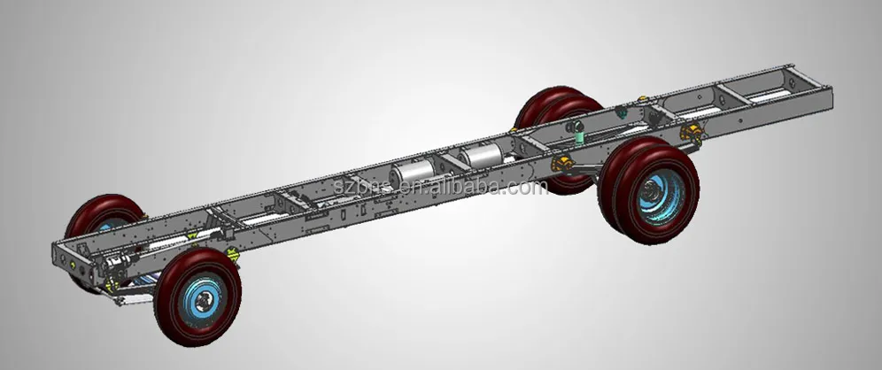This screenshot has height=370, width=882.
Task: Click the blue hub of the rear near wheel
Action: [657, 194]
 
